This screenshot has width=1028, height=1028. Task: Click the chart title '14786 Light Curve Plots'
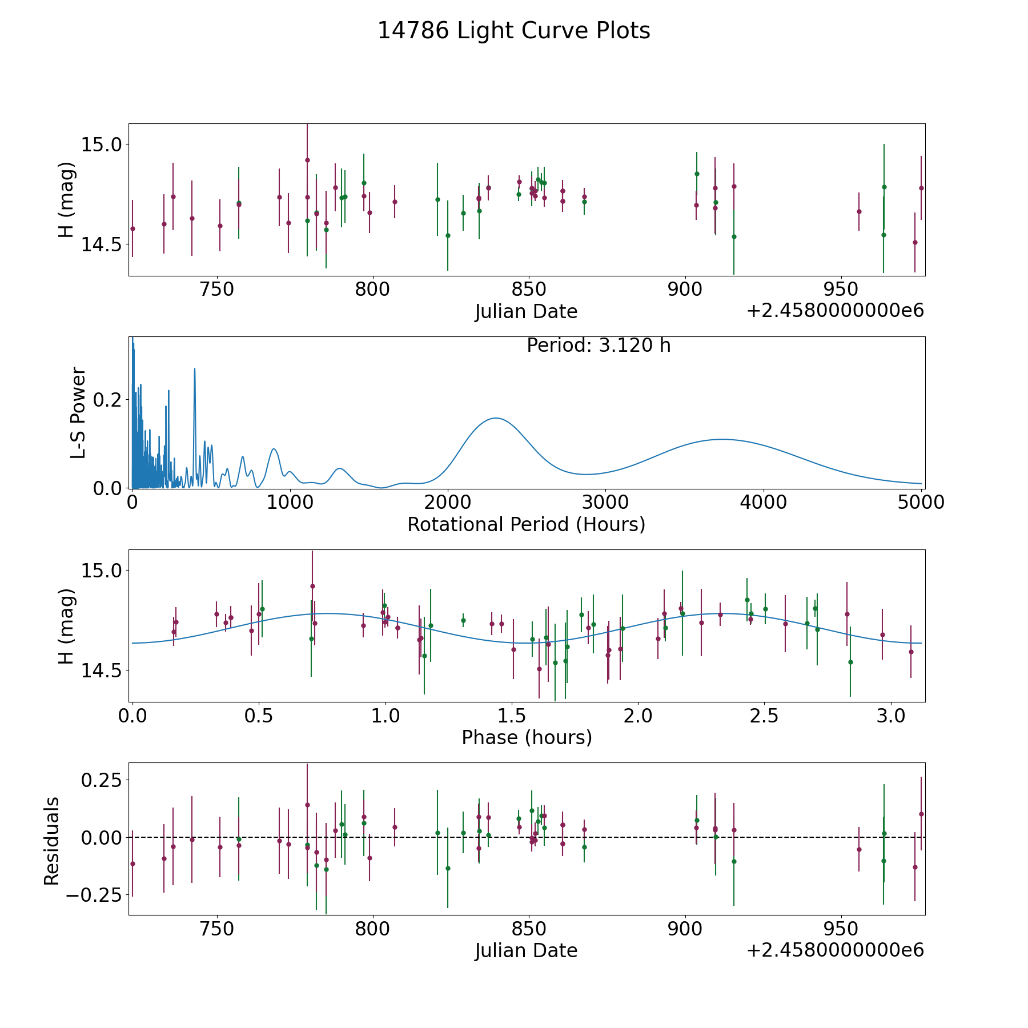(513, 31)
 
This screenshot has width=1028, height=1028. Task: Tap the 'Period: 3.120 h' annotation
(598, 346)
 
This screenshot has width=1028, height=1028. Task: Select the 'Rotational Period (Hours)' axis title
(526, 524)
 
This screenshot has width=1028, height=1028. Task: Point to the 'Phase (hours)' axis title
(526, 737)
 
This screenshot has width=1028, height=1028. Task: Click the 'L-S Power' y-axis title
(79, 412)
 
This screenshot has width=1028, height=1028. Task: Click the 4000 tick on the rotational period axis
(763, 503)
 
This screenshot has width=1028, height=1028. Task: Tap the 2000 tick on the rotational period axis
(448, 503)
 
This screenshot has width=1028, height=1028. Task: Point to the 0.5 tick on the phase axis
(259, 716)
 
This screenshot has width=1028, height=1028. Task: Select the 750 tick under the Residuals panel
(217, 929)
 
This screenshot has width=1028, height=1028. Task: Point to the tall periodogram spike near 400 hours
(195, 369)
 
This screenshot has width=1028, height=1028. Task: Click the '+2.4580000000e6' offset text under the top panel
(834, 311)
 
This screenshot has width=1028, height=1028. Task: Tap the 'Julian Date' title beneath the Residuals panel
(526, 950)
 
